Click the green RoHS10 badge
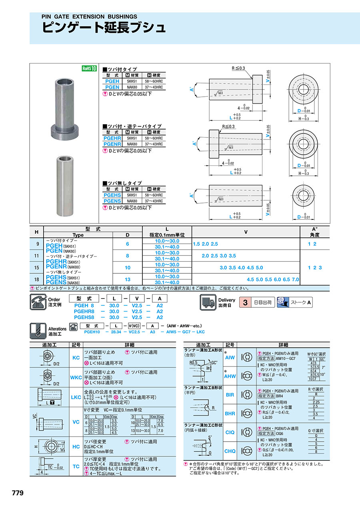pos(90,68)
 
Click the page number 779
pos(18,493)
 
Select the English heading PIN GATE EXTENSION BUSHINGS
pos(89,17)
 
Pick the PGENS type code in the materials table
pos(112,201)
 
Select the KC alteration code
pos(76,358)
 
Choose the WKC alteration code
pos(76,377)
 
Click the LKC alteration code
pos(76,397)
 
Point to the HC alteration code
pos(76,446)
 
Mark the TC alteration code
pos(76,466)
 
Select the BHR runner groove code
pos(230,413)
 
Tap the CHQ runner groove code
pos(230,451)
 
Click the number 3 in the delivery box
pos(245,303)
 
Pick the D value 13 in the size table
pos(128,279)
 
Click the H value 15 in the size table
pos(36,267)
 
